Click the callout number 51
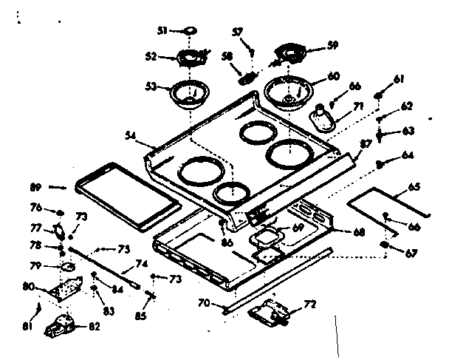162,30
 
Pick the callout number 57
237,32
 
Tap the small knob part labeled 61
377,95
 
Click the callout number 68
358,232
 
